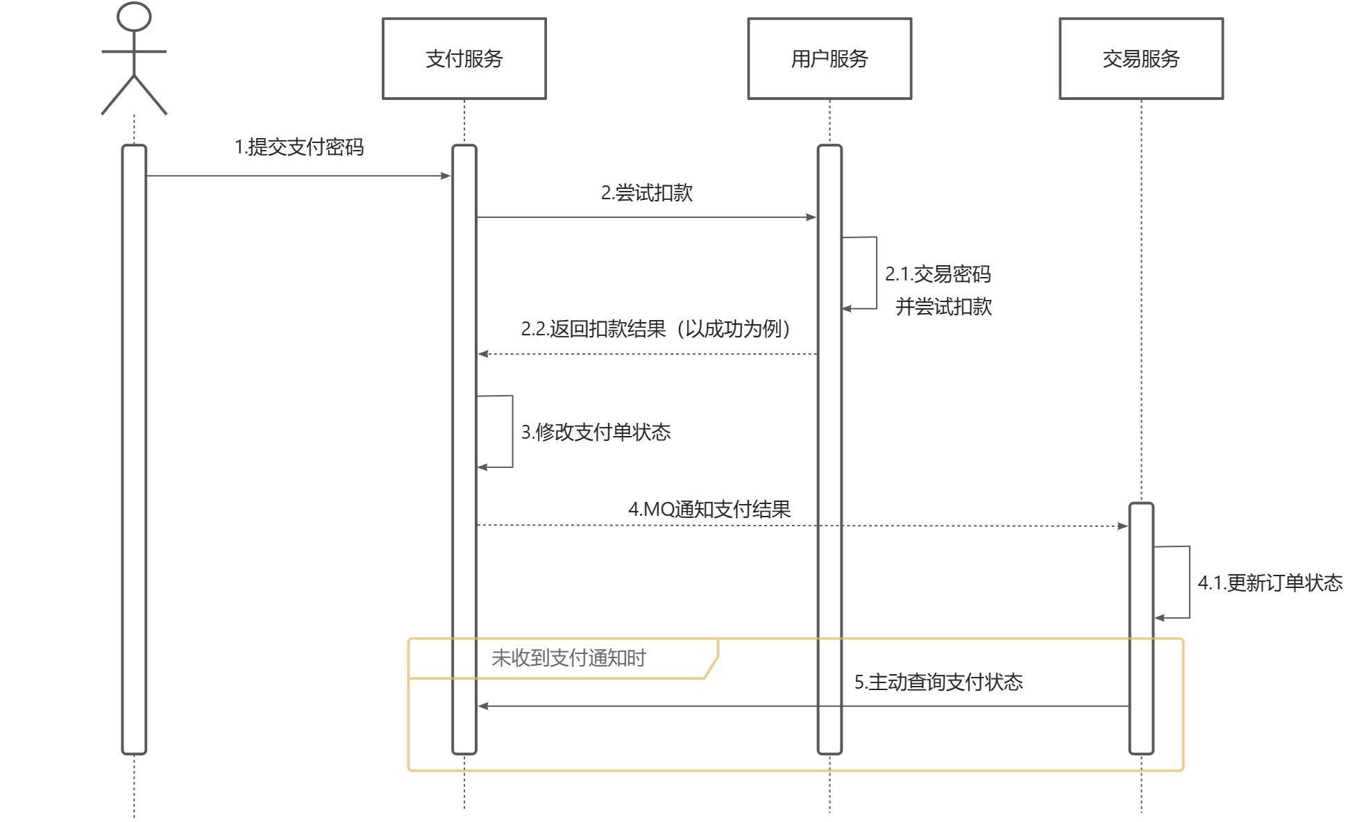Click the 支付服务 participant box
coord(464,59)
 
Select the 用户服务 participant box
coord(829,59)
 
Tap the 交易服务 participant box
coord(1140,59)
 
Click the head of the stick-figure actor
coord(134,17)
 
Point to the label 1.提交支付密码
coord(299,147)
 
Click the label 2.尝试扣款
coord(646,193)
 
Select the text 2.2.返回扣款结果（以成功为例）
coord(656,328)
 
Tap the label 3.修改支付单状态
coord(596,432)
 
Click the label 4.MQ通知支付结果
coord(709,509)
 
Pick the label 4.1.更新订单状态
coord(1270,582)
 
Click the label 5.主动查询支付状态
coord(938,682)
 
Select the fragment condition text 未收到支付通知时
coord(568,657)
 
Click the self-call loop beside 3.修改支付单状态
coord(512,432)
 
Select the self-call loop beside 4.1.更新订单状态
coord(1188,582)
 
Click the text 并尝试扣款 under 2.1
coord(943,306)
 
